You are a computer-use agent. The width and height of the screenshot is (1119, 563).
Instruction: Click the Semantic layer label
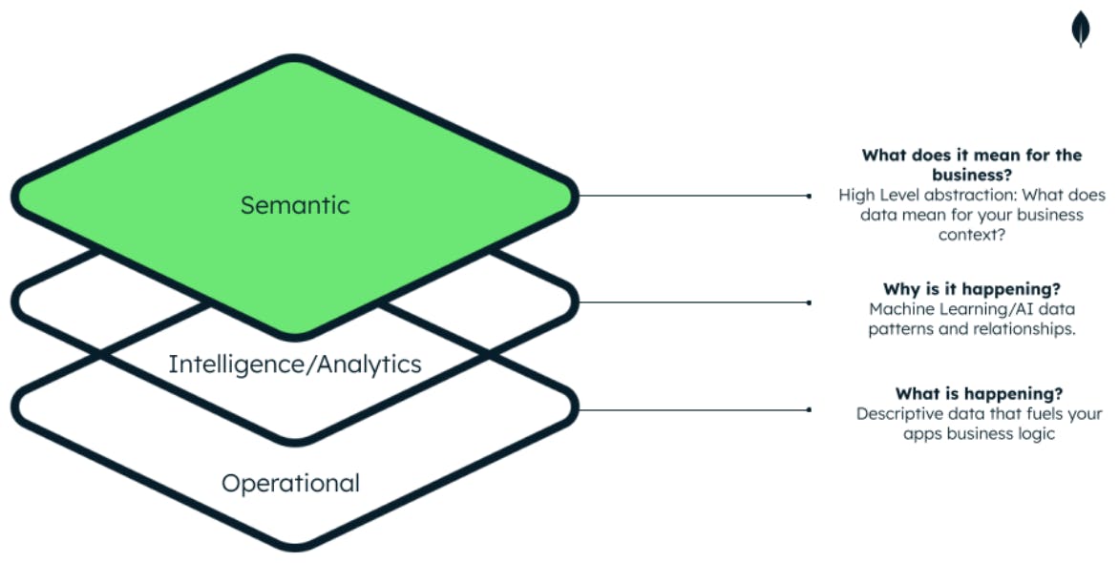click(295, 205)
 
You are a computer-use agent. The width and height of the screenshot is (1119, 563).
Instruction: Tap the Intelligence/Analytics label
click(295, 364)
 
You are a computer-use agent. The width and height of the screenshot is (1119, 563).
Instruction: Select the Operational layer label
click(290, 483)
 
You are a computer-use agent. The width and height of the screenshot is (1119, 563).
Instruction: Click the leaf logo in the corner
click(1080, 29)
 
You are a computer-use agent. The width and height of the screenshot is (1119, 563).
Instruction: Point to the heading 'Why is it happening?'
click(972, 288)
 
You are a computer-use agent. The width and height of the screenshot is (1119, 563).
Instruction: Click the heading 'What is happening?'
click(979, 393)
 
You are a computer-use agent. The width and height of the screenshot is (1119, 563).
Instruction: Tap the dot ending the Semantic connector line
click(809, 196)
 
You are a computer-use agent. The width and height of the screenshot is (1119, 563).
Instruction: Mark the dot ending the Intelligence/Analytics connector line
click(809, 302)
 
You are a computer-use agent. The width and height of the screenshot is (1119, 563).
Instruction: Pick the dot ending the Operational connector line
click(809, 409)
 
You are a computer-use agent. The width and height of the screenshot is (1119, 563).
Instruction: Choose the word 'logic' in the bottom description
click(1035, 434)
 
